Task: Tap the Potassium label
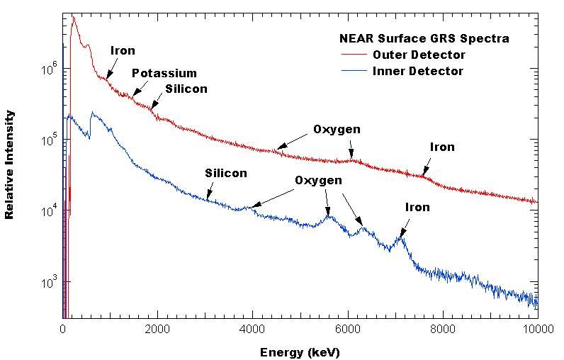[x=164, y=74]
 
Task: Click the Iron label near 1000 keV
[x=123, y=50]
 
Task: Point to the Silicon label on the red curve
[x=186, y=89]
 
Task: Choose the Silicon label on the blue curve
[x=226, y=173]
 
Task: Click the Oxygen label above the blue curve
[x=319, y=181]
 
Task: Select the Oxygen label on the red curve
[x=337, y=130]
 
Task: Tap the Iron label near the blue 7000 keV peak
[x=417, y=208]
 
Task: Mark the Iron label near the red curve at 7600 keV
[x=442, y=147]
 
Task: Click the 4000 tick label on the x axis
[x=252, y=328]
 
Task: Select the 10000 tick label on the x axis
[x=537, y=328]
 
